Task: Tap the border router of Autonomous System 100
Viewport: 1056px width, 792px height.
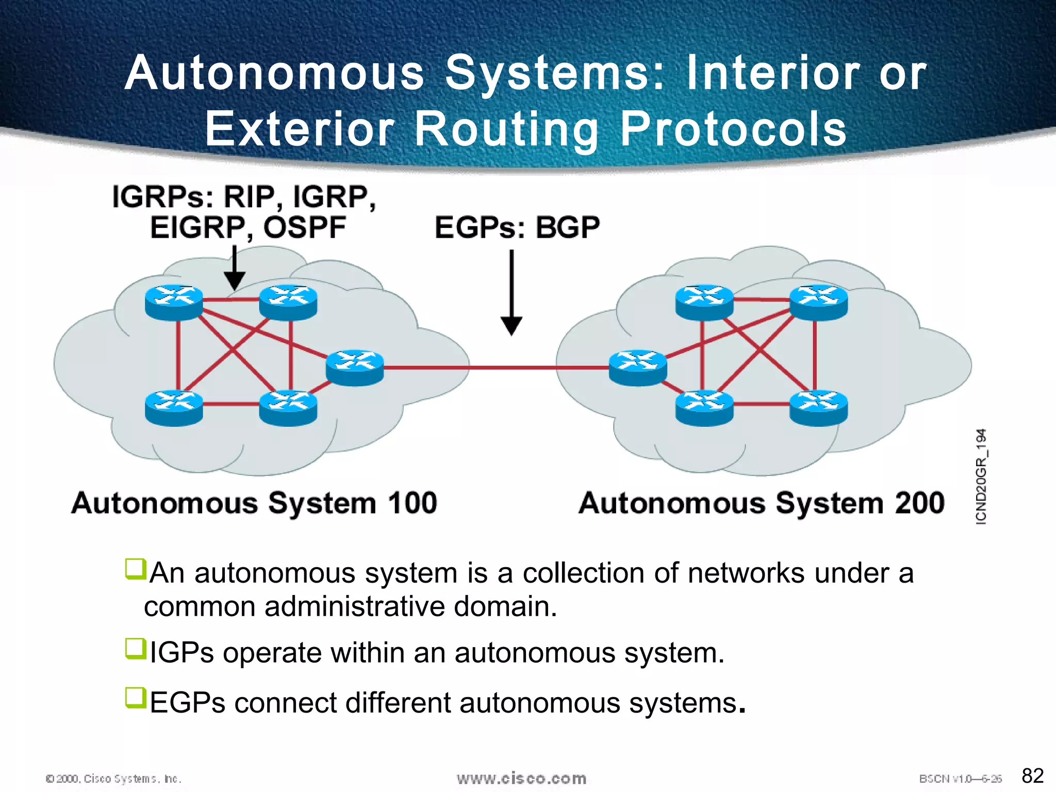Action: click(x=355, y=367)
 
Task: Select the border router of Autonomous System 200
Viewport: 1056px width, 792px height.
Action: click(x=638, y=367)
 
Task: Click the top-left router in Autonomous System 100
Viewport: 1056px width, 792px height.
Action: click(x=174, y=302)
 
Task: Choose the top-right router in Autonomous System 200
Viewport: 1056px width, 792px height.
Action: click(x=818, y=302)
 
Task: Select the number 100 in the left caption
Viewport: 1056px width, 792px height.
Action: click(x=412, y=503)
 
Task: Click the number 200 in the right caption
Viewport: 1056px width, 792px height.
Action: click(x=920, y=503)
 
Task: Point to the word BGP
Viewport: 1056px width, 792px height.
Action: click(x=568, y=227)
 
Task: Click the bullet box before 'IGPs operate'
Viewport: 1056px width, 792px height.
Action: click(x=136, y=648)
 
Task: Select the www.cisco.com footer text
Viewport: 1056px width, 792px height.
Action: click(x=521, y=778)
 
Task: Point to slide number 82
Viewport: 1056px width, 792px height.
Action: click(x=1032, y=775)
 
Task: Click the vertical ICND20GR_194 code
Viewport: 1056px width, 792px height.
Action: click(x=981, y=476)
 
